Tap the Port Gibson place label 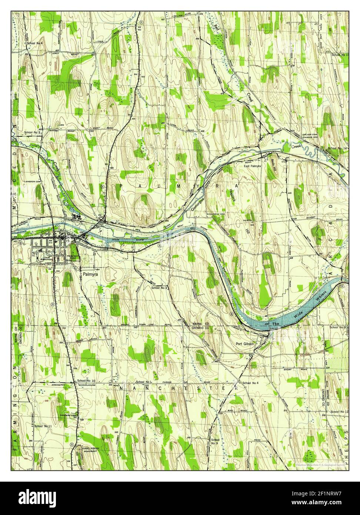[x=245, y=344]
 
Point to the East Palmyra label [x=252, y=166]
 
